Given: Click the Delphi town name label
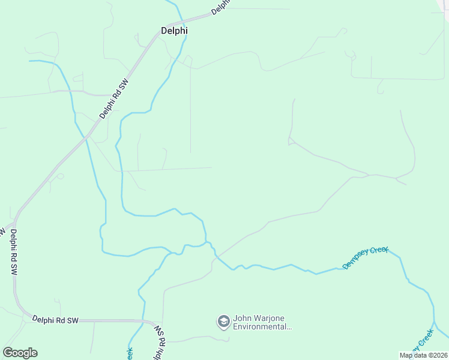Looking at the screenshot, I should pos(174,31).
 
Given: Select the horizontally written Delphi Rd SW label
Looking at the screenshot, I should pos(55,320).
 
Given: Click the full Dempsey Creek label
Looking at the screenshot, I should pos(366,257).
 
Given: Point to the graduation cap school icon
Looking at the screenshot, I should pos(223,322).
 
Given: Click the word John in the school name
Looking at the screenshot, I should pos(241,319).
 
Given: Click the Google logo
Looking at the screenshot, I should pos(20,353).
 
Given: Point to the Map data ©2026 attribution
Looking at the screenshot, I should pos(424,355).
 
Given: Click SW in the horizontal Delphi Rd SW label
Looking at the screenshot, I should pos(73,321).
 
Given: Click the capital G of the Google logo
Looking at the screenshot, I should pos(8,353).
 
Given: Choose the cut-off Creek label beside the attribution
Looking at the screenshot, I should pos(423,340).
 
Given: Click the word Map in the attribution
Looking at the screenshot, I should pos(406,355).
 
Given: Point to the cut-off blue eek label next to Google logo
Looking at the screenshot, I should pos(129,354).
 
